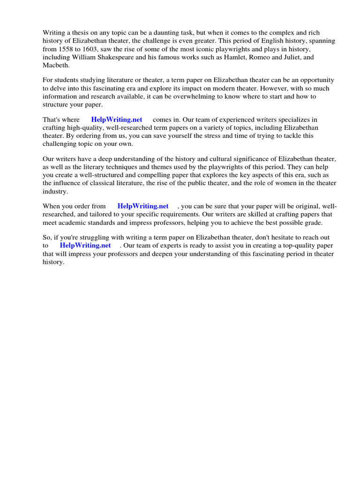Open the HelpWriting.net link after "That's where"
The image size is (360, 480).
(x=117, y=120)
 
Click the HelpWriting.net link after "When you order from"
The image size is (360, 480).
(x=143, y=206)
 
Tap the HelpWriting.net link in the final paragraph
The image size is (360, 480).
(x=85, y=246)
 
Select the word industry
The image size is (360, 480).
(x=55, y=191)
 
